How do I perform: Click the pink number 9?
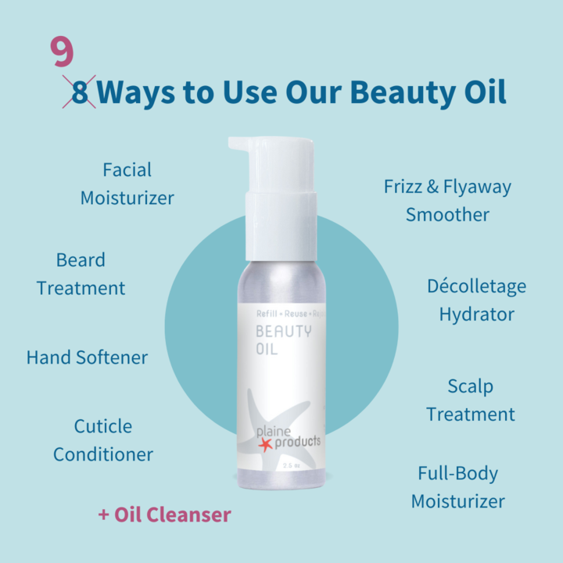(63, 52)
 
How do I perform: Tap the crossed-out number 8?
(80, 92)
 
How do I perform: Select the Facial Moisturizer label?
(127, 184)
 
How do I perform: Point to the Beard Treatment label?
(81, 274)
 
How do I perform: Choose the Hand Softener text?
(87, 357)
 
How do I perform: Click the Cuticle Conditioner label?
(103, 440)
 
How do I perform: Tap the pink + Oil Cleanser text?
(164, 515)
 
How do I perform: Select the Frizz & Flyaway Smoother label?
(447, 200)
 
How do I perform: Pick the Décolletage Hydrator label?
(476, 300)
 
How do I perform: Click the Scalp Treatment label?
(471, 400)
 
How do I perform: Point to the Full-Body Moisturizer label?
(458, 487)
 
